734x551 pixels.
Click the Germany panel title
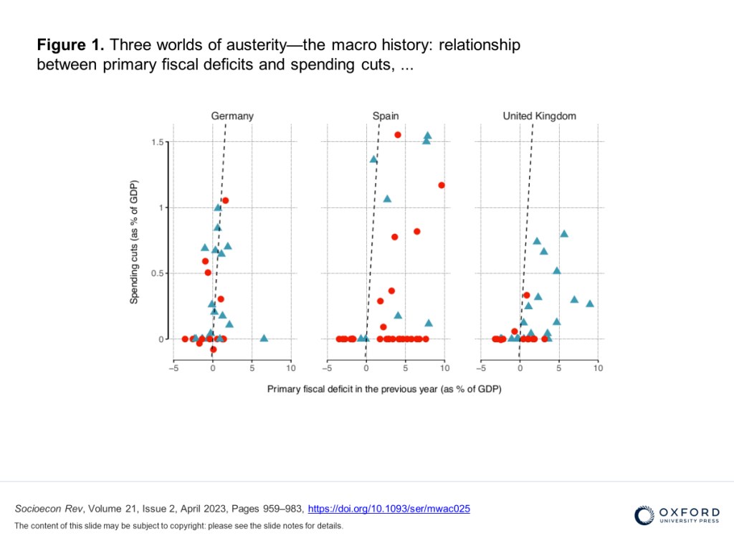tap(232, 116)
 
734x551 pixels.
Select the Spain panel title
tap(386, 116)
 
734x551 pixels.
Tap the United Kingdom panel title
tap(539, 116)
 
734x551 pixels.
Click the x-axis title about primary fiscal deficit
tap(384, 389)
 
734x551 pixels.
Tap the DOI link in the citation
tap(389, 509)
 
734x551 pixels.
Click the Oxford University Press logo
tap(677, 516)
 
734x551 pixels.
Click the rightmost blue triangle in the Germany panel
tap(264, 338)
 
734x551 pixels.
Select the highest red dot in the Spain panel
tap(398, 135)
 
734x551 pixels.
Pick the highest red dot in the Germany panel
tap(225, 200)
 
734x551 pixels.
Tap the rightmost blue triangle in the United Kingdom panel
tap(590, 303)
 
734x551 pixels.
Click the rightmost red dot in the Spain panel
tap(442, 185)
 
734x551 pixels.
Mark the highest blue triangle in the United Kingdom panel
tap(564, 234)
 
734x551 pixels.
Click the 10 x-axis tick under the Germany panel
tap(291, 368)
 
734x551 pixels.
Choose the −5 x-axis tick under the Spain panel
tap(327, 368)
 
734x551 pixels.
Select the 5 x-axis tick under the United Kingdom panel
tap(558, 368)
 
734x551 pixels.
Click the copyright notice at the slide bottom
tap(178, 526)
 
